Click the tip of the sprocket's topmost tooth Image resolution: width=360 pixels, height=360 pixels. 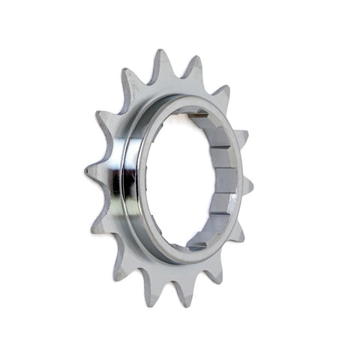(x=160, y=54)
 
